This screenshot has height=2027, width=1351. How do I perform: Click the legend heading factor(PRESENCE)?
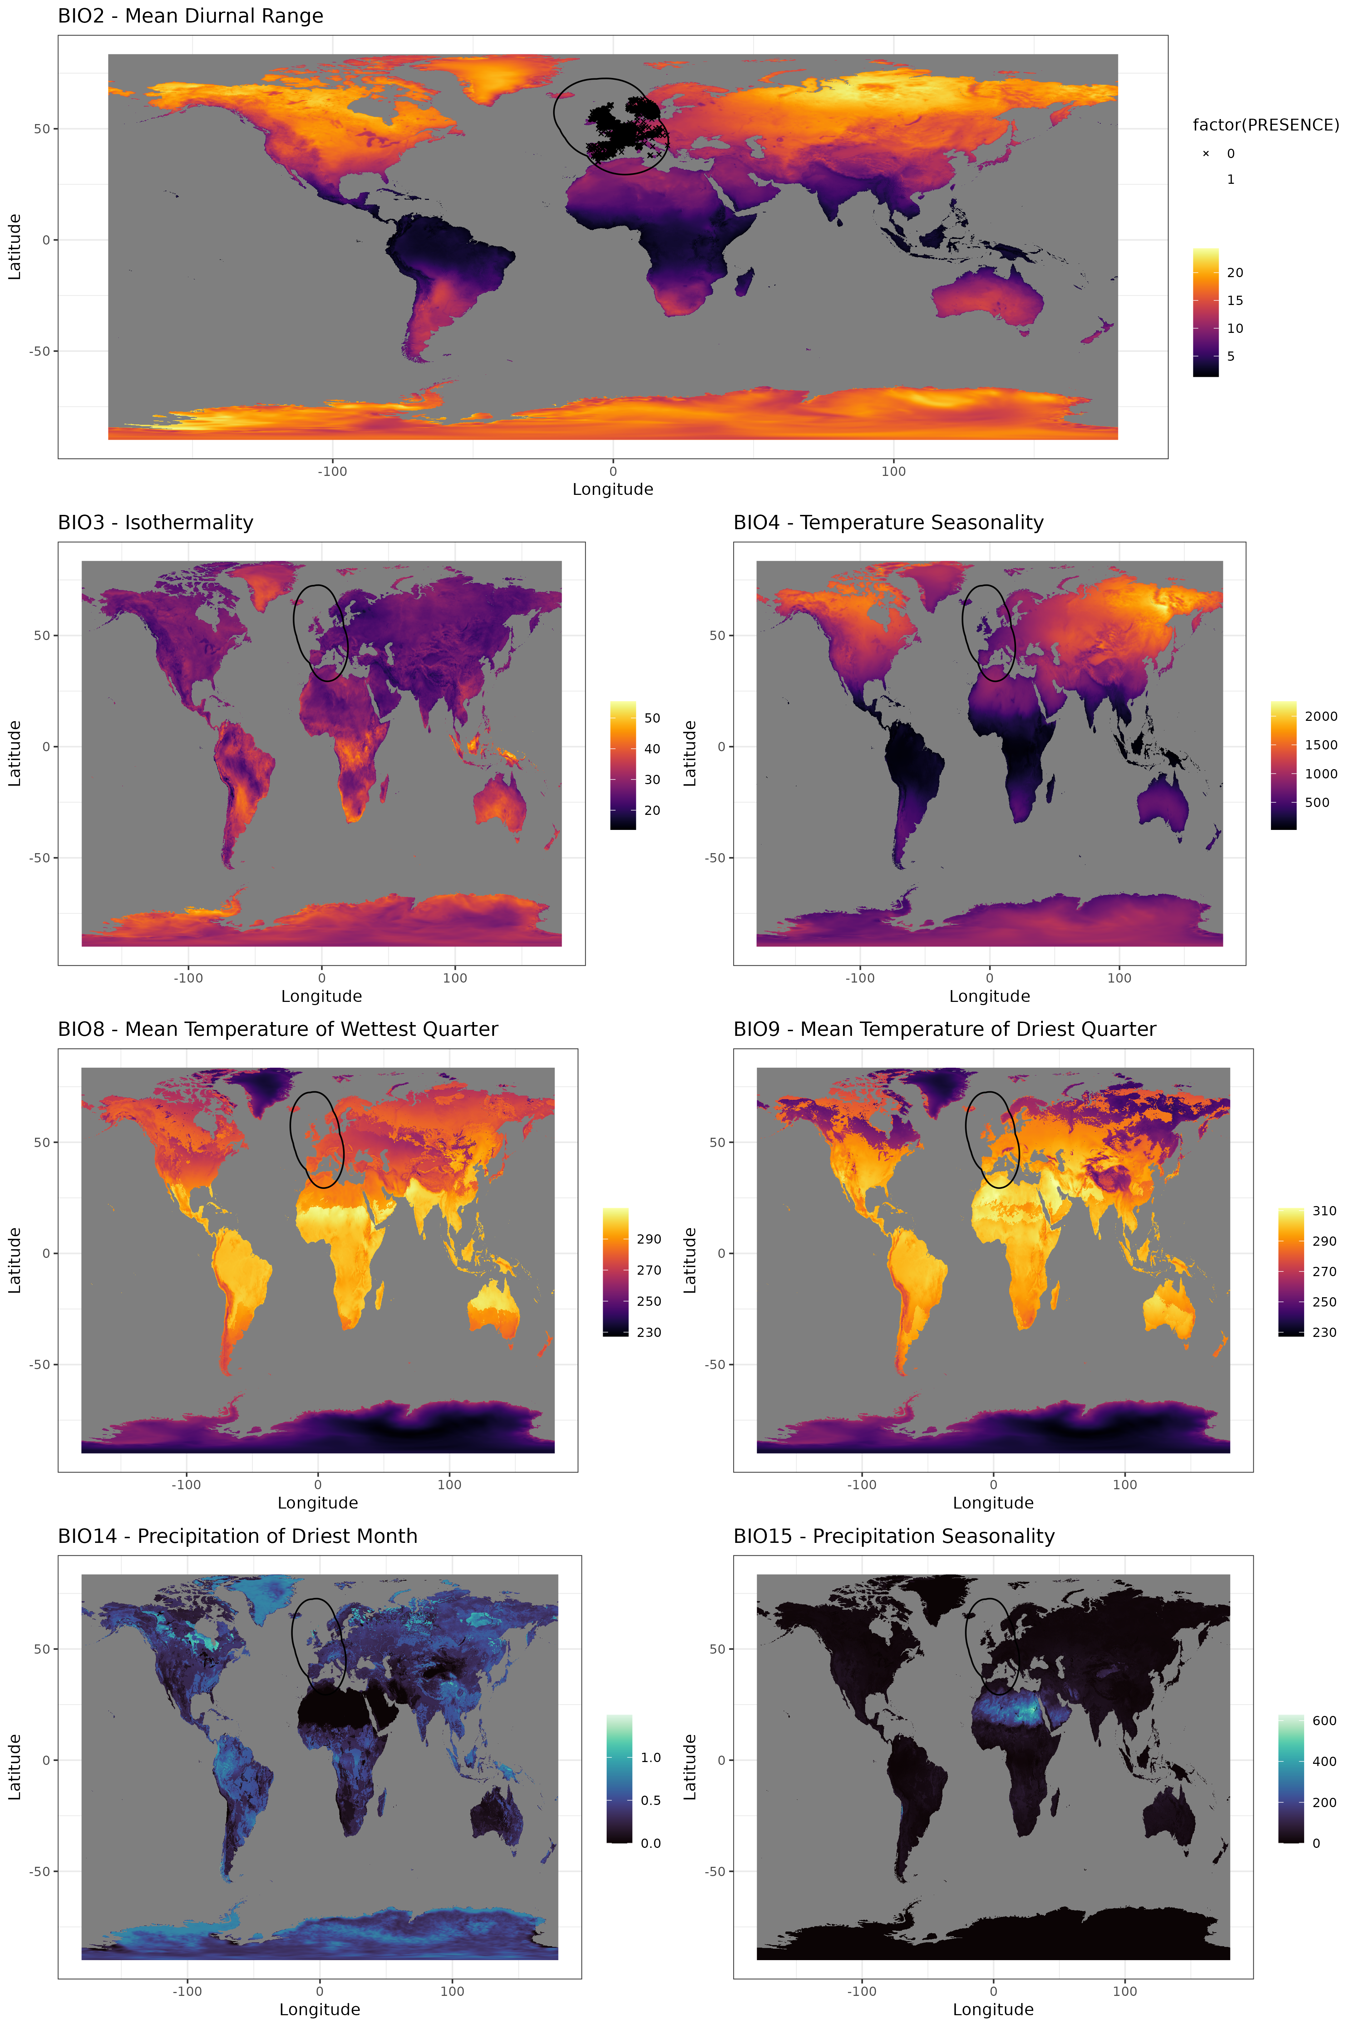point(1265,125)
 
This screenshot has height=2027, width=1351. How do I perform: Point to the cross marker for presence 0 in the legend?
point(1205,153)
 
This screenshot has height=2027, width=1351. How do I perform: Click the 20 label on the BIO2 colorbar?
point(1235,272)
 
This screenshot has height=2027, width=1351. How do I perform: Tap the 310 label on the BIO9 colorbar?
point(1324,1211)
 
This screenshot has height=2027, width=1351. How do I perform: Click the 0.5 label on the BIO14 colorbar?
point(651,1800)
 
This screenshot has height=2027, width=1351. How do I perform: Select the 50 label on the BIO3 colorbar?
point(652,718)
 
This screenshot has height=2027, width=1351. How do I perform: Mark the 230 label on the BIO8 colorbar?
point(649,1332)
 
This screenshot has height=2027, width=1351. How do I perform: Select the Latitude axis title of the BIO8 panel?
point(15,1260)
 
